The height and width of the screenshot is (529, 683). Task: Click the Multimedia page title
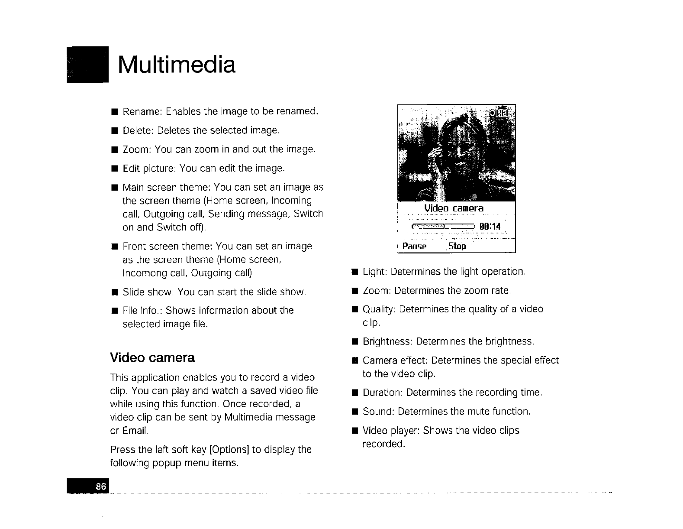pyautogui.click(x=177, y=65)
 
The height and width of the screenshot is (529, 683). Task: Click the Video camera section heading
pyautogui.click(x=152, y=358)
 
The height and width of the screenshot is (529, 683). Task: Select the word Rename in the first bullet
pyautogui.click(x=141, y=111)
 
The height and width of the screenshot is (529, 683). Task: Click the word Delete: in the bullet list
pyautogui.click(x=139, y=130)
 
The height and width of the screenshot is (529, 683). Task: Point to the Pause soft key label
pyautogui.click(x=414, y=247)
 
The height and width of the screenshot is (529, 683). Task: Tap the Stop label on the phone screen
pyautogui.click(x=457, y=247)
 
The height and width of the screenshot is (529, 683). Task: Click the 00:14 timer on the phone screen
pyautogui.click(x=490, y=227)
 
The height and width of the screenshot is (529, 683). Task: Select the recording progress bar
pyautogui.click(x=443, y=227)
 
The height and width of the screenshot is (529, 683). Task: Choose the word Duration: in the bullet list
pyautogui.click(x=383, y=393)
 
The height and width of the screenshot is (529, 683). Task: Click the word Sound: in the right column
pyautogui.click(x=378, y=411)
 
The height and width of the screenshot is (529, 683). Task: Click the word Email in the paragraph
pyautogui.click(x=135, y=431)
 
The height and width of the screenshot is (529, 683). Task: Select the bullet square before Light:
pyautogui.click(x=354, y=272)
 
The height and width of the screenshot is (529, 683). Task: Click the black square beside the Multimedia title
pyautogui.click(x=87, y=64)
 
